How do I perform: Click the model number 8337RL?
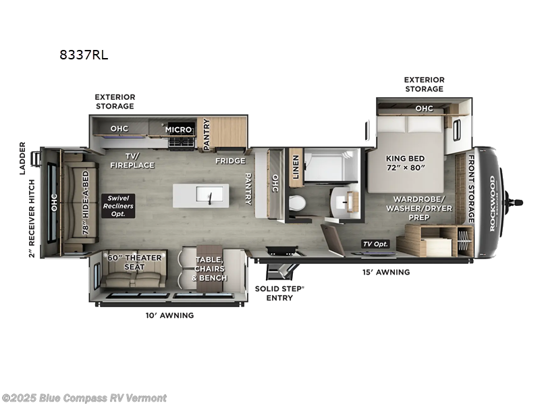[x=84, y=56]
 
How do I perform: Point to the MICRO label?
[x=179, y=129]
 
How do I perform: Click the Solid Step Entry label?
[x=279, y=293]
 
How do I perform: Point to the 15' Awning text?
[x=385, y=272]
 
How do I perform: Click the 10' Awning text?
[x=169, y=315]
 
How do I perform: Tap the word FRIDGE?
[x=230, y=161]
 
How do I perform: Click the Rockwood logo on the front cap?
[x=492, y=203]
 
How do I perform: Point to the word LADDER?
[x=22, y=158]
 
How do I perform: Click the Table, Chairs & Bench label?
[x=211, y=269]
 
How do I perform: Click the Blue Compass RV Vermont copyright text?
[x=84, y=398]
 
